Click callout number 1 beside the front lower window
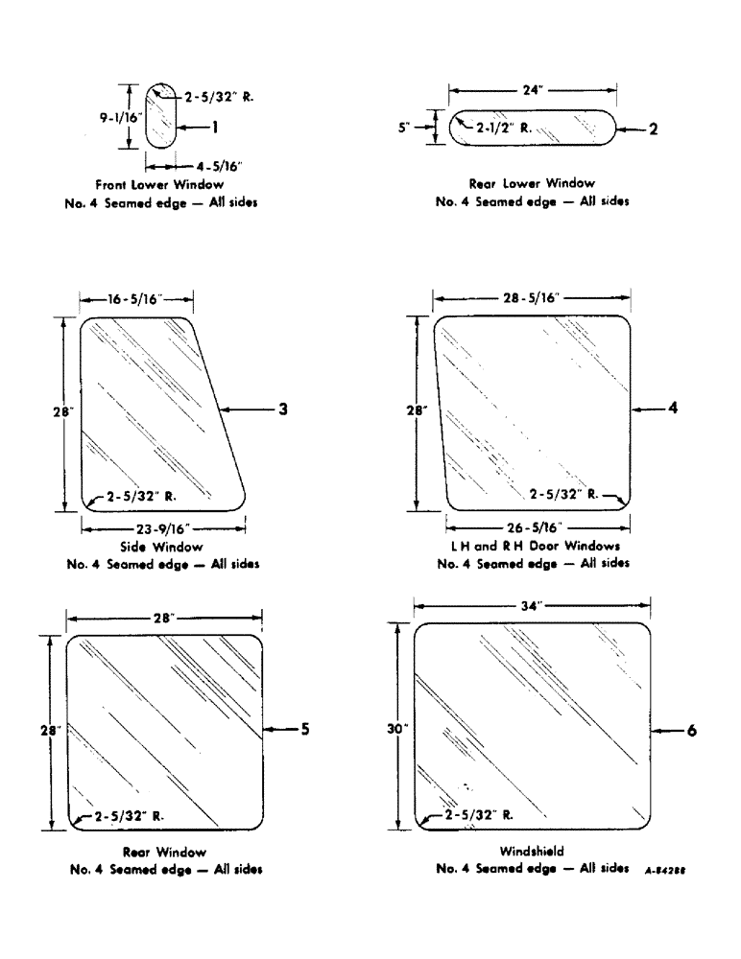pyautogui.click(x=216, y=126)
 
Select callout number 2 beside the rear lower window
pyautogui.click(x=653, y=129)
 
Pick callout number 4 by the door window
pyautogui.click(x=673, y=408)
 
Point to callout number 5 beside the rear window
pyautogui.click(x=303, y=730)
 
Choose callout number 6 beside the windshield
pyautogui.click(x=690, y=730)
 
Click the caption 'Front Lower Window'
pyautogui.click(x=159, y=183)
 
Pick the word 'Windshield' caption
pyautogui.click(x=531, y=851)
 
